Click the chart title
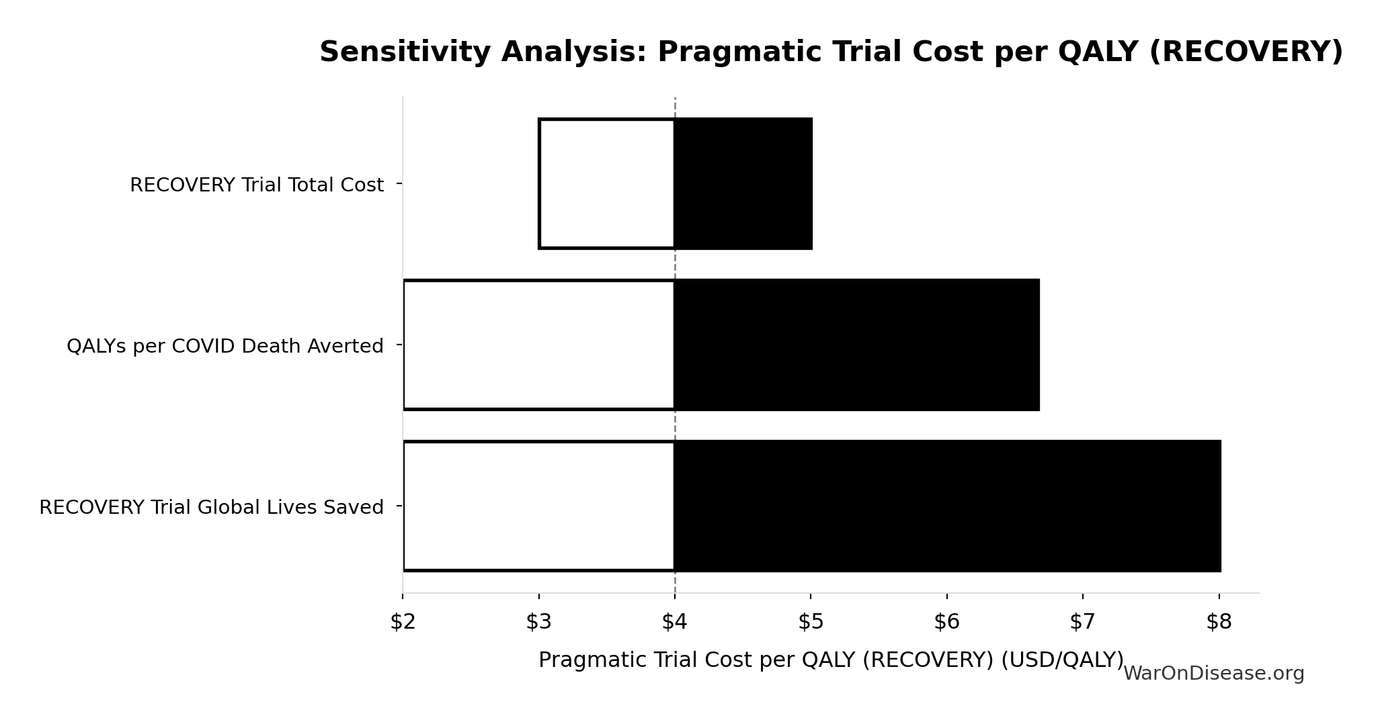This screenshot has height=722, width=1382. (x=831, y=52)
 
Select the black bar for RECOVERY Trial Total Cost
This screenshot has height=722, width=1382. (x=743, y=183)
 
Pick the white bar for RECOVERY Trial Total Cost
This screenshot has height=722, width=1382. (x=606, y=183)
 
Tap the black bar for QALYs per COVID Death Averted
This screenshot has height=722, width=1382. (x=856, y=345)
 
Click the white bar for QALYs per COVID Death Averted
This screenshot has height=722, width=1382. (x=539, y=345)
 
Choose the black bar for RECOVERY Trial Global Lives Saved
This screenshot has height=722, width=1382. (x=947, y=506)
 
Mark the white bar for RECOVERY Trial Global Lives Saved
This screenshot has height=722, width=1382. (x=539, y=506)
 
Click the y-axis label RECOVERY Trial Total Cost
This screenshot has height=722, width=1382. (x=257, y=185)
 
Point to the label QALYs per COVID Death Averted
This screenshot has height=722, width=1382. (x=225, y=346)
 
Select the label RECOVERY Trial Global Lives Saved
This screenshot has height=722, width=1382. (x=212, y=507)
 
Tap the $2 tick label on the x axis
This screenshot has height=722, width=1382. (x=403, y=623)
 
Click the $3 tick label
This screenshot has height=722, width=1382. (x=538, y=623)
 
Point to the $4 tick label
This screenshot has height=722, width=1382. (x=674, y=623)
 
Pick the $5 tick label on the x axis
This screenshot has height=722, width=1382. (x=811, y=623)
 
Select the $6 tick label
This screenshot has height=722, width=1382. (x=946, y=623)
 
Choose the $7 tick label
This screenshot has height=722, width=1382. (x=1082, y=623)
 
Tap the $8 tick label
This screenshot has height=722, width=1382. (x=1219, y=623)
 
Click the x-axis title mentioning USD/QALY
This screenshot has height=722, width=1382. (x=831, y=660)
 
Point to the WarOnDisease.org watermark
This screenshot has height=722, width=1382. (x=1213, y=674)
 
